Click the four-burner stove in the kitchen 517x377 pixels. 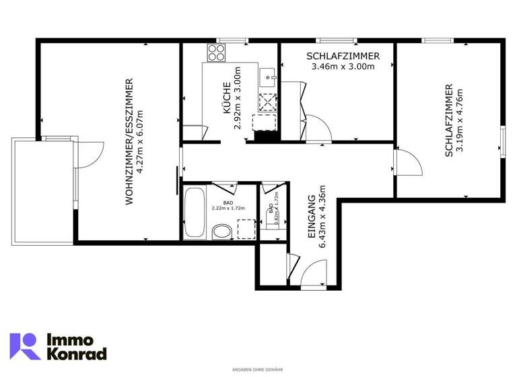point(215,53)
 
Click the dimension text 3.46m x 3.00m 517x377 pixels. point(343,67)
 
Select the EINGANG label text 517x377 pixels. point(312,219)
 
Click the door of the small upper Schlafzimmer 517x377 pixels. point(318,130)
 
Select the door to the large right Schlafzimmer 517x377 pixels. point(407,161)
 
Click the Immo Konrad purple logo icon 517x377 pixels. point(25,346)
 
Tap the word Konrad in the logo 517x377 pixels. point(75,353)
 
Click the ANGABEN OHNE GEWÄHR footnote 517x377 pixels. point(258,370)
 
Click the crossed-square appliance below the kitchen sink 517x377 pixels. point(267,102)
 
